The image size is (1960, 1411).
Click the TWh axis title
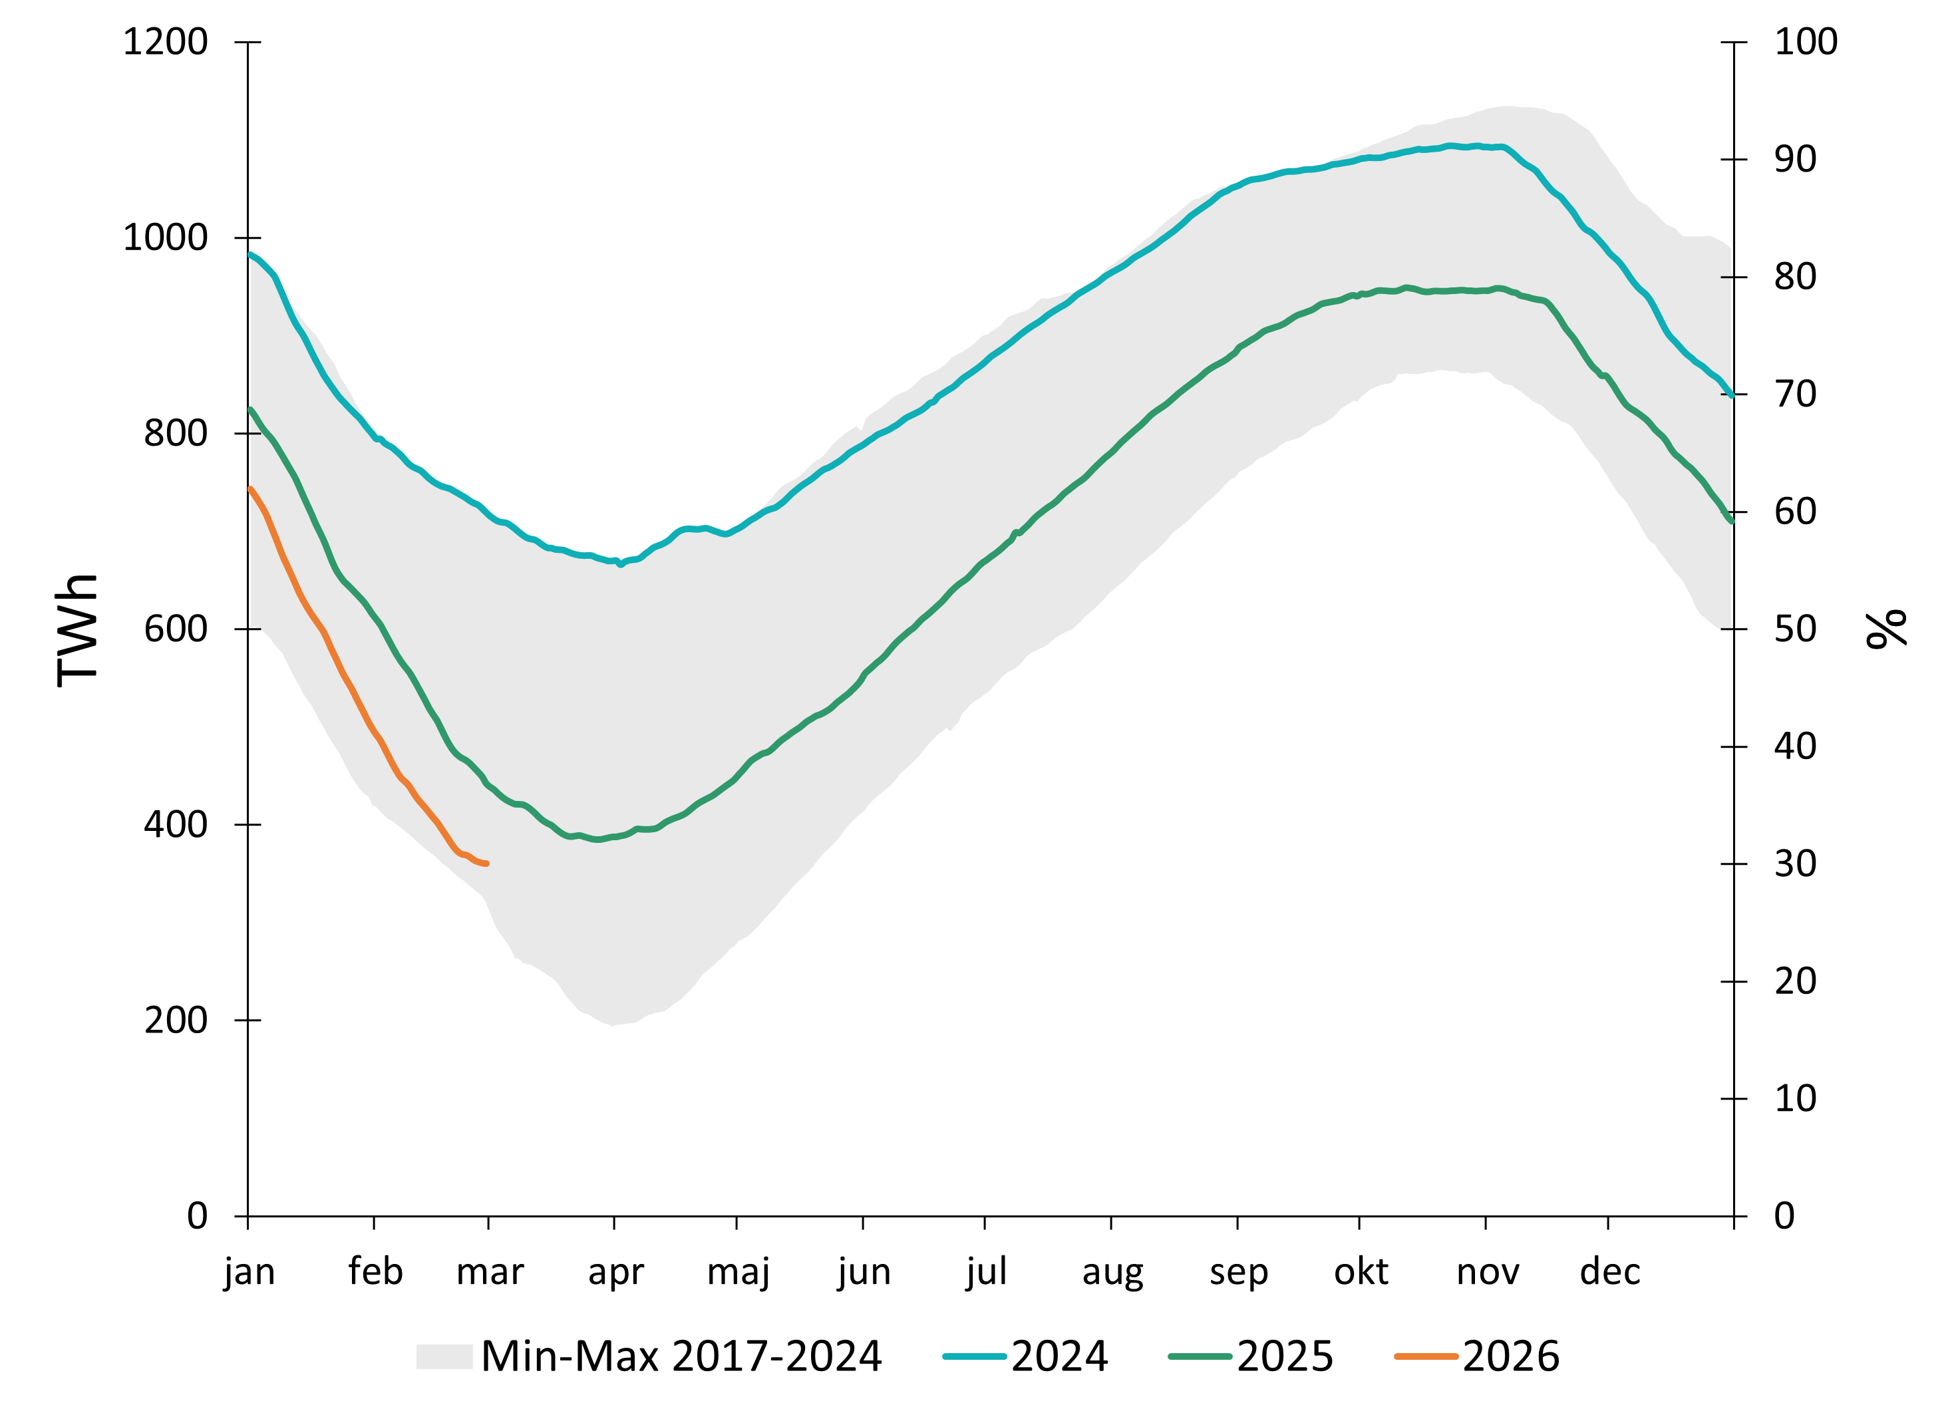[x=78, y=630]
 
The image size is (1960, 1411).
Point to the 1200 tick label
[x=166, y=41]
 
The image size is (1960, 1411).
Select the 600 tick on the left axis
[x=176, y=628]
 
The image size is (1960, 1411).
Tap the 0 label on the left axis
[x=198, y=1215]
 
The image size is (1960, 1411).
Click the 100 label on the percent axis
[x=1805, y=41]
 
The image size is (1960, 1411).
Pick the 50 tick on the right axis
[x=1795, y=628]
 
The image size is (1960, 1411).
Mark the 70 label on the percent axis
[x=1795, y=394]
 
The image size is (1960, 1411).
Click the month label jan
[x=249, y=1272]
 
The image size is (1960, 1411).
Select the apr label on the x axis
[x=615, y=1272]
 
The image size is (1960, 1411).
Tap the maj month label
[x=738, y=1272]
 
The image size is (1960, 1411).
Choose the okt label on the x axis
[x=1361, y=1272]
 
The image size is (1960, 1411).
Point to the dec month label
[x=1609, y=1272]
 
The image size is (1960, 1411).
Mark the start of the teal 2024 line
[x=249, y=254]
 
